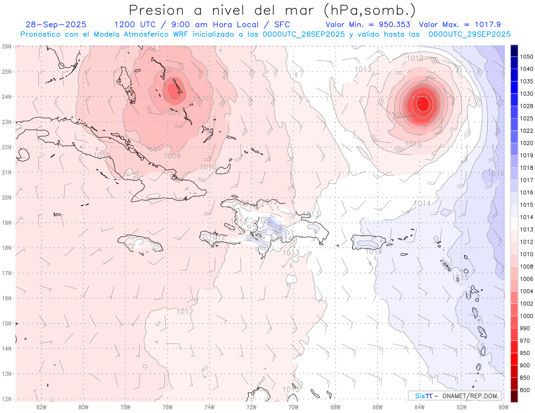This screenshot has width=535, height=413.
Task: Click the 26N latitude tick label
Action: [x=6, y=46]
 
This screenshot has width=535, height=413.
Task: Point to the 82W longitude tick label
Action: [x=41, y=407]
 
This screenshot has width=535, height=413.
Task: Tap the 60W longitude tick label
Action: [x=504, y=407]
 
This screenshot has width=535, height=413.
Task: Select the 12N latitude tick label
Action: [x=6, y=399]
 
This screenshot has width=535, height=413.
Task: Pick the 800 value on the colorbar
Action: [x=525, y=390]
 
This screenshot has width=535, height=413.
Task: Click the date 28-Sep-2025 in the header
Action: [x=56, y=25]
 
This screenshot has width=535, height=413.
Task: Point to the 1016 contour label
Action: [x=496, y=173]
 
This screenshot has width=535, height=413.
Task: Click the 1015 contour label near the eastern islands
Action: [x=461, y=278]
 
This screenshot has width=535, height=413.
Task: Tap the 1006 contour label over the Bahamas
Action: [x=172, y=113]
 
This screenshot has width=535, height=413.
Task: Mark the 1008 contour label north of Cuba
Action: [x=172, y=155]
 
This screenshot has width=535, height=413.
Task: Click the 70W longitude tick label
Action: [x=293, y=407]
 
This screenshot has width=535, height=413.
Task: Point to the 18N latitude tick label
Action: [x=6, y=248]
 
